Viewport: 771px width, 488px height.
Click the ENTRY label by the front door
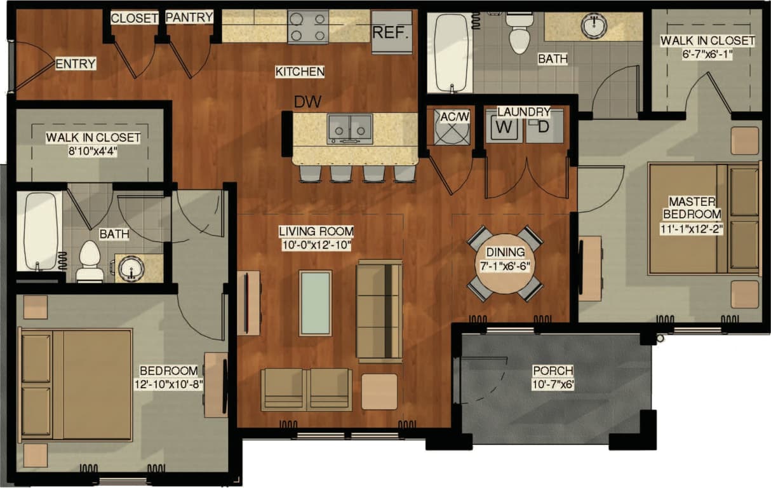pos(76,64)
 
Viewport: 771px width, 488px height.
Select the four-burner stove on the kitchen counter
pos(308,27)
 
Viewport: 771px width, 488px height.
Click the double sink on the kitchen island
pos(350,129)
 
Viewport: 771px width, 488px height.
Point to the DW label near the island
pos(307,101)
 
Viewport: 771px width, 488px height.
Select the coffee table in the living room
pos(315,303)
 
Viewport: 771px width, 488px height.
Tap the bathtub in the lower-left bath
pos(43,231)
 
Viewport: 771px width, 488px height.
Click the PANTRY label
pos(189,18)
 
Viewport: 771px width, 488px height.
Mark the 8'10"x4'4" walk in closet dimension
pos(93,151)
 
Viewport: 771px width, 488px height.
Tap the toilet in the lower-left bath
pos(90,261)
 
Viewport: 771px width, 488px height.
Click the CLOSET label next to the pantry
pos(134,18)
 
